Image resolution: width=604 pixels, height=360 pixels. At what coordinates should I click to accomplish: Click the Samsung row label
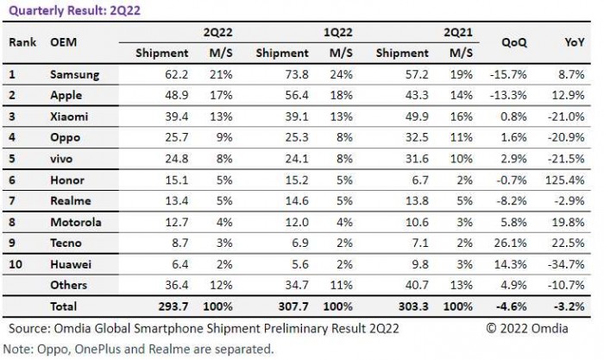click(75, 75)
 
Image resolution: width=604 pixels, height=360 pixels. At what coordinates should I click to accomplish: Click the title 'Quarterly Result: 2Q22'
click(68, 11)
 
